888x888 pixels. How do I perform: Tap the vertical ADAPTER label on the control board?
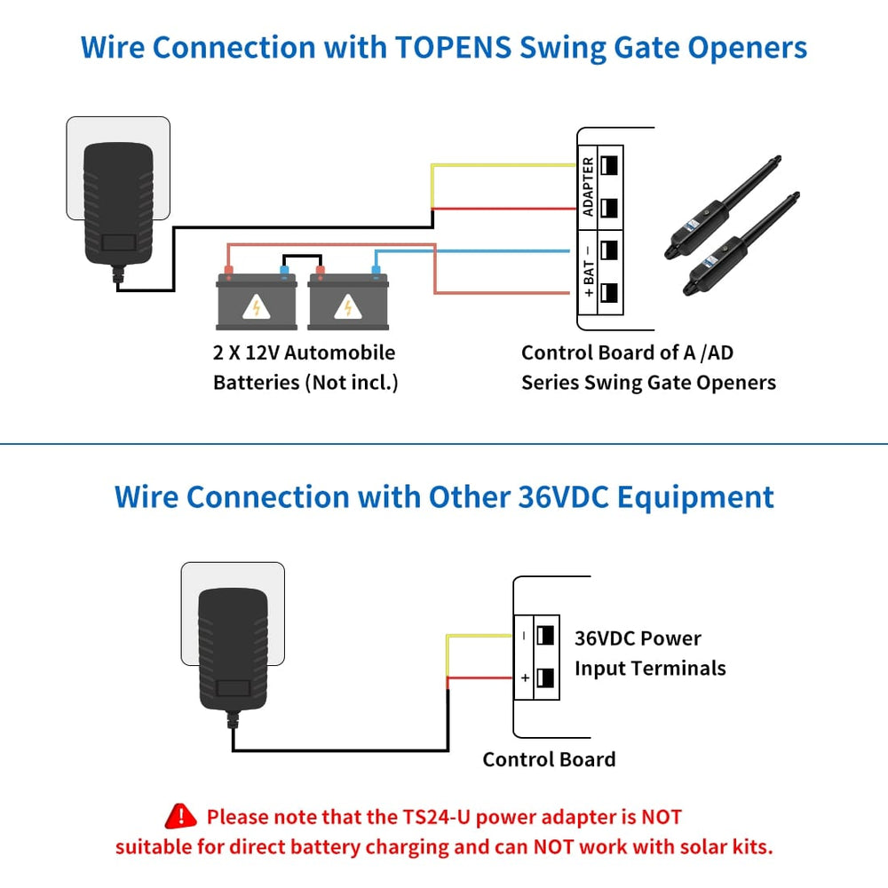588,186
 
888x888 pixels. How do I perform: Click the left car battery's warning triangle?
257,306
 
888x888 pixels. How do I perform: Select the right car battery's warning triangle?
347,306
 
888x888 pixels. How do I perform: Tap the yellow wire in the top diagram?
497,165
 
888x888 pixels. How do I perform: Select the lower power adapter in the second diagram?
232,648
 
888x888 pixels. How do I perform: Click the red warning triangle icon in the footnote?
181,816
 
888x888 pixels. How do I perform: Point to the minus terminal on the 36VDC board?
545,635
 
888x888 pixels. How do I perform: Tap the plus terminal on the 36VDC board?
545,678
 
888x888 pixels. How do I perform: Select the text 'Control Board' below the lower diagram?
549,759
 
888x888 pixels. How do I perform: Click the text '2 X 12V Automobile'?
304,353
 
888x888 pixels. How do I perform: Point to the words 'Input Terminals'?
649,668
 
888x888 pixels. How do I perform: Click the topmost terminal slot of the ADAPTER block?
609,166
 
